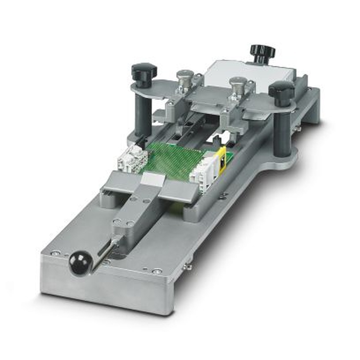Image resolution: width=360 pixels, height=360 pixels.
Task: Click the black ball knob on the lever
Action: [x=80, y=264]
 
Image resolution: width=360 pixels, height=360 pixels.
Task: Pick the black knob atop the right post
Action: [x=282, y=90]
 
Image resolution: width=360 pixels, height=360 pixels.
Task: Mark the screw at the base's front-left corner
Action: [x=55, y=253]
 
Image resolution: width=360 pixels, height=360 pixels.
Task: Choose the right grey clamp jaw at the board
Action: [x=179, y=190]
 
